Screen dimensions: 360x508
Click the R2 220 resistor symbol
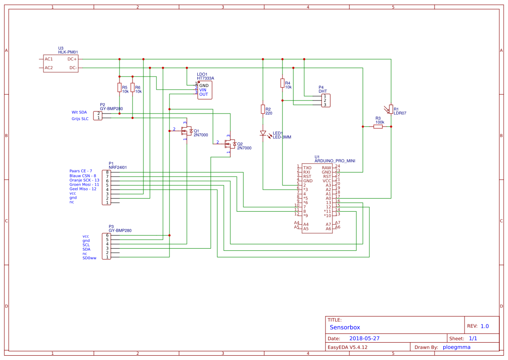click(262, 109)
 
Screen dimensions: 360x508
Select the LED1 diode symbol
click(262, 133)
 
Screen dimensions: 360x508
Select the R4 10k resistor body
click(282, 83)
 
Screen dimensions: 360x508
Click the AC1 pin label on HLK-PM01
click(49, 59)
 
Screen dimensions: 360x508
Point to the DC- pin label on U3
click(73, 68)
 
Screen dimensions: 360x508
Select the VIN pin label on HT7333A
click(203, 90)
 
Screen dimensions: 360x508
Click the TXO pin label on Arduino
click(307, 167)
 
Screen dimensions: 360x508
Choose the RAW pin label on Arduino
click(326, 167)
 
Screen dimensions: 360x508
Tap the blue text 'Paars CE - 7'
click(80, 171)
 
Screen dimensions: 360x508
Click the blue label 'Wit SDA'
click(79, 112)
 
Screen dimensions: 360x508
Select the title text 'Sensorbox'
click(345, 327)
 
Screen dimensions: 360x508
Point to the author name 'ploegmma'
click(456, 347)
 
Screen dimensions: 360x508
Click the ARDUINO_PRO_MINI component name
click(335, 161)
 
